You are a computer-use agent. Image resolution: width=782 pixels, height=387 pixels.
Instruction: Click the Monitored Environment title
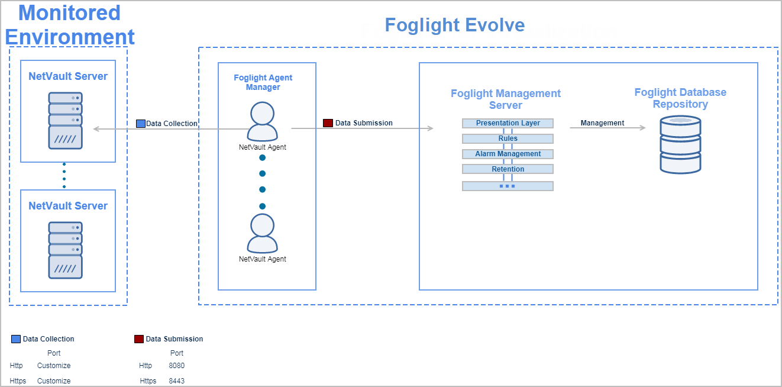70,25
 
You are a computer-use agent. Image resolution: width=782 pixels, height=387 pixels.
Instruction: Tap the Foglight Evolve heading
454,25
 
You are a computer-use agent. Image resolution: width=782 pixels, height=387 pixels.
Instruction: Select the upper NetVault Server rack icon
65,120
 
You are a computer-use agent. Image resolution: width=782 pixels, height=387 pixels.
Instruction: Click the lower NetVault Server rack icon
65,250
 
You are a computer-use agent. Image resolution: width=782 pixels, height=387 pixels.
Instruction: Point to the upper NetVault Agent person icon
262,121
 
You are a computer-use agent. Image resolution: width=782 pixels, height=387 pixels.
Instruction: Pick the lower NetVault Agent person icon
262,233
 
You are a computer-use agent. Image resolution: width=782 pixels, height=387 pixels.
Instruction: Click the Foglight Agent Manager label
263,82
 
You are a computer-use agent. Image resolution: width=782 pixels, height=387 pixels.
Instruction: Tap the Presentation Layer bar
508,123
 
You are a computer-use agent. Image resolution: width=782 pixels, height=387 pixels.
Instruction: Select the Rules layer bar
508,138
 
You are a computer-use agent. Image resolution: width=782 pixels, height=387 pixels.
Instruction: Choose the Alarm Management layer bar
508,154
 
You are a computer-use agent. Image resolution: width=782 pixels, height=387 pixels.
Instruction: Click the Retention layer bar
508,169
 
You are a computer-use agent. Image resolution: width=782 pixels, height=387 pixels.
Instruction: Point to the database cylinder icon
680,144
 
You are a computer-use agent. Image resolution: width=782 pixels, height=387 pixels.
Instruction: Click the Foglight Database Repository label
680,98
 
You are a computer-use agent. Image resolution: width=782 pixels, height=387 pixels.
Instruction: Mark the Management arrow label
602,123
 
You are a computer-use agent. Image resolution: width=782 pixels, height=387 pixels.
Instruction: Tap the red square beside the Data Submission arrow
328,123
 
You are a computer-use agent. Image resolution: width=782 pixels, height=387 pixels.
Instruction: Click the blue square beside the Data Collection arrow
140,124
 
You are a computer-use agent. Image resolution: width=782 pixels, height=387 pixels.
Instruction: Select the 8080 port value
176,366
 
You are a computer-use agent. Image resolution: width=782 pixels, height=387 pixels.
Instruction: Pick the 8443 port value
176,381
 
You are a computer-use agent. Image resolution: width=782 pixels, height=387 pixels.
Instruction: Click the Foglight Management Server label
506,99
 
